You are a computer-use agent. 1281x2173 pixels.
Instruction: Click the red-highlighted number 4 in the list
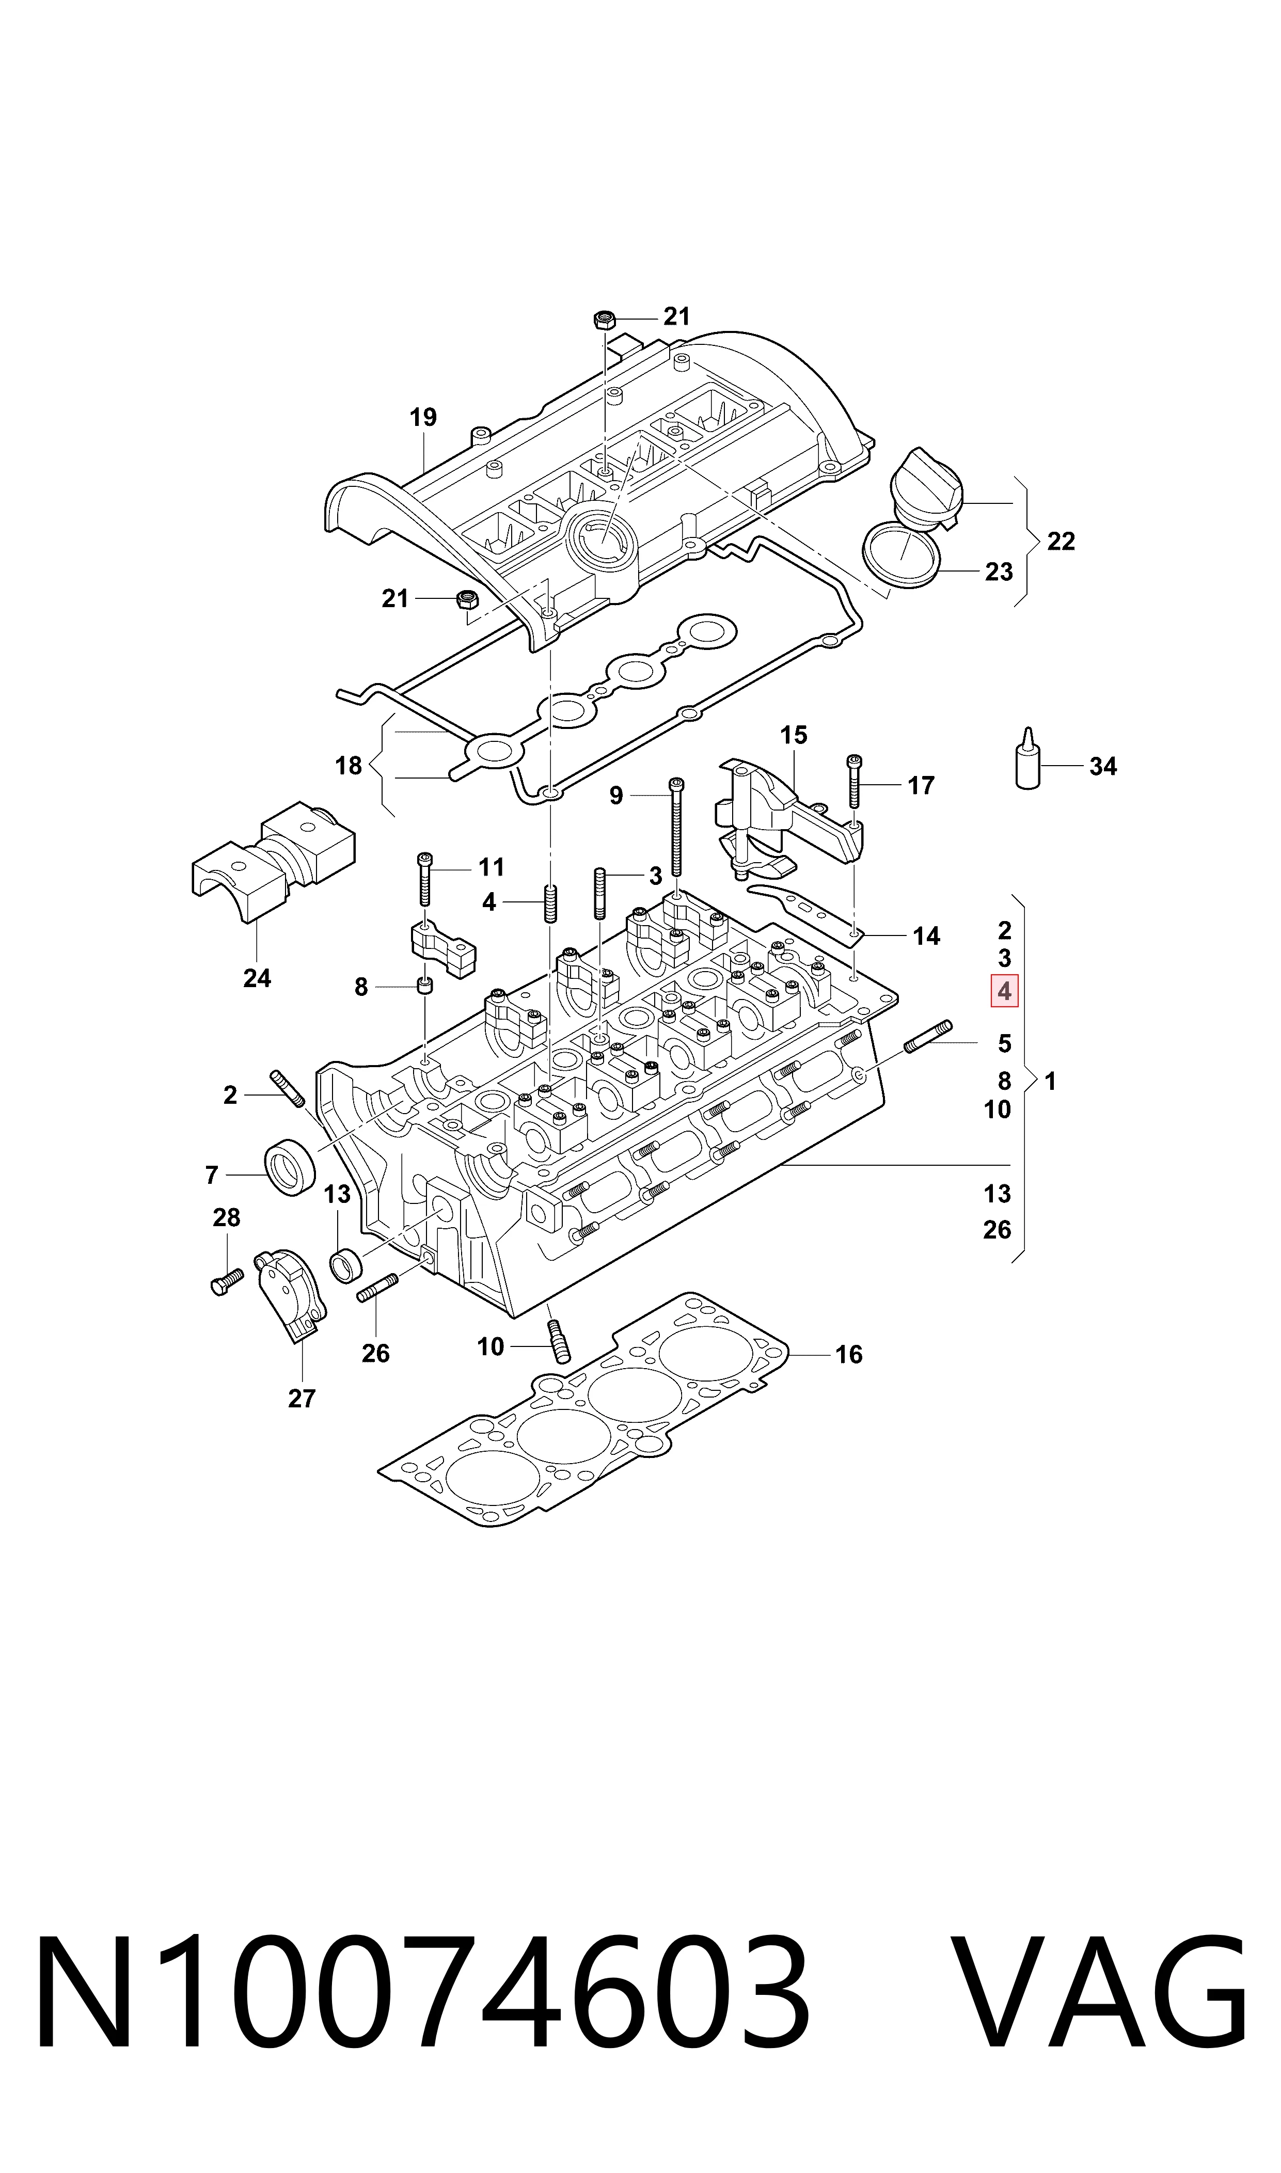pos(1004,992)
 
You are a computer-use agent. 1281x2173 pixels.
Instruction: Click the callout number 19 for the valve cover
pos(423,418)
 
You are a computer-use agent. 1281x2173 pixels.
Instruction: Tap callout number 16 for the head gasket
pos(848,1354)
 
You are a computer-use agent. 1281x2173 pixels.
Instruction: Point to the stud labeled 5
pos(928,1036)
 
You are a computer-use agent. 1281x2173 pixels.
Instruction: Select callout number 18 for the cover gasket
pos(349,766)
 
